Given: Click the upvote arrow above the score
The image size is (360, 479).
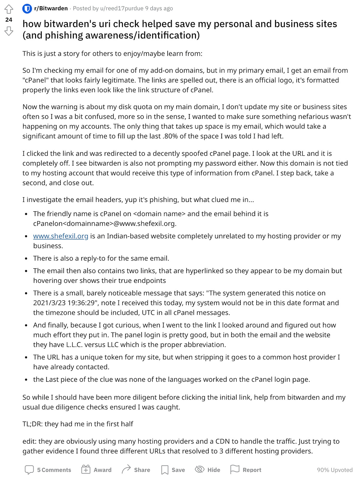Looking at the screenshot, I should pos(9,9).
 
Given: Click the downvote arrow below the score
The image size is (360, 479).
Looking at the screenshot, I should pos(9,31).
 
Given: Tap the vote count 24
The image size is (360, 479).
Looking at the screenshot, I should pos(9,20).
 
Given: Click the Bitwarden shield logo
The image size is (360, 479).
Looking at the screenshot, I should pos(27,9).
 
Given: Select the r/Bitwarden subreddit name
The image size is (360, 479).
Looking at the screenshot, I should pos(51,8).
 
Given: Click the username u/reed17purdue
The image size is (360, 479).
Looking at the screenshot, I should pos(122,8).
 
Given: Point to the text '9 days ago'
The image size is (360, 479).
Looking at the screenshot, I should pos(159,8).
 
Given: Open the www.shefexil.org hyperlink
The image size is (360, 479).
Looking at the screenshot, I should pos(61,236).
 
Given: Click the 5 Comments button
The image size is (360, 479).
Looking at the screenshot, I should pos(48,470).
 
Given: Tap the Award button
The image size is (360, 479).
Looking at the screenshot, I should pos(96,470).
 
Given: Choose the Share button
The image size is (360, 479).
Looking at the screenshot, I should pos(136,470).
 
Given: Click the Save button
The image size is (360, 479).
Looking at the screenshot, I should pos(173,470).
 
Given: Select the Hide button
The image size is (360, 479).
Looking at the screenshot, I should pos(208,470).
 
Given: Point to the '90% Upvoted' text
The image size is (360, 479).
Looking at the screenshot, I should pos(334,470).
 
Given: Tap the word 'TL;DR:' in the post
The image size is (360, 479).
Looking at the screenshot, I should pos(32,424).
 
